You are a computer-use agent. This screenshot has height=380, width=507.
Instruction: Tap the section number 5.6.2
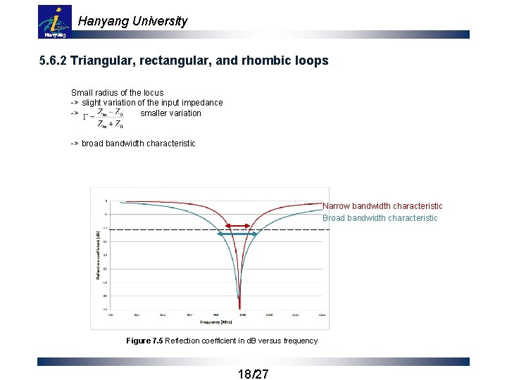click(x=54, y=61)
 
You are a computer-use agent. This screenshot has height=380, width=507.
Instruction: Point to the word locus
click(x=151, y=92)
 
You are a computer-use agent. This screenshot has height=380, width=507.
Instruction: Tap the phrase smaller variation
click(x=170, y=113)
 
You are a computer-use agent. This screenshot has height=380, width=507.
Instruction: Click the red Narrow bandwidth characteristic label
click(x=382, y=206)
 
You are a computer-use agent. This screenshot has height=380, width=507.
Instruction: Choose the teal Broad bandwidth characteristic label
click(x=380, y=218)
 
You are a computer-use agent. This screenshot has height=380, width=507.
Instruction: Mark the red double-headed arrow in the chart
click(x=239, y=226)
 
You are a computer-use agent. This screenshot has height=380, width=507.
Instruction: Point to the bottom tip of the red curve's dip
click(x=240, y=308)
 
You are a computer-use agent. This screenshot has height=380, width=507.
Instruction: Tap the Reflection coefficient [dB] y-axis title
click(x=97, y=254)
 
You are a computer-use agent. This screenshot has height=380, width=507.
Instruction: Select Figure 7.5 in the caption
click(x=144, y=341)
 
